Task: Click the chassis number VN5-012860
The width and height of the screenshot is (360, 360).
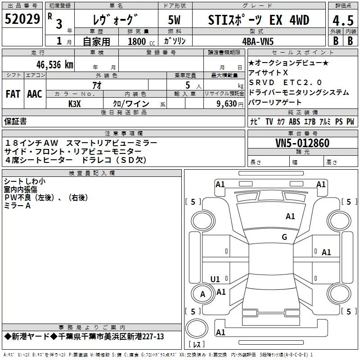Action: pyautogui.click(x=302, y=143)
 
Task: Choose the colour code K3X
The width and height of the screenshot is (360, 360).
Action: pyautogui.click(x=75, y=104)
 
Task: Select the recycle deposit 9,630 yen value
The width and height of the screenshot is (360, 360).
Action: pyautogui.click(x=224, y=104)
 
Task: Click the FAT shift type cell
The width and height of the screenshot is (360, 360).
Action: pyautogui.click(x=13, y=94)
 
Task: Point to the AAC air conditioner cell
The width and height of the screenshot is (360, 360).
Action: pyautogui.click(x=34, y=94)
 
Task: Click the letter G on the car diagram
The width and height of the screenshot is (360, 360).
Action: pyautogui.click(x=284, y=237)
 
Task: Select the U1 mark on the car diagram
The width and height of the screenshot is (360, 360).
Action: pyautogui.click(x=215, y=279)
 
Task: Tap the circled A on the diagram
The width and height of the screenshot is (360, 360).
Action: pyautogui.click(x=202, y=294)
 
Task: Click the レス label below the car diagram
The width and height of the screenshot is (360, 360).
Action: pyautogui.click(x=197, y=345)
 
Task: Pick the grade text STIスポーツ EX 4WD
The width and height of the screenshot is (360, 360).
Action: pyautogui.click(x=259, y=20)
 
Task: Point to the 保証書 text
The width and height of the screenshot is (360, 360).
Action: pyautogui.click(x=15, y=121)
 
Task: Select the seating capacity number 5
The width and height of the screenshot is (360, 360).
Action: pyautogui.click(x=187, y=85)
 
